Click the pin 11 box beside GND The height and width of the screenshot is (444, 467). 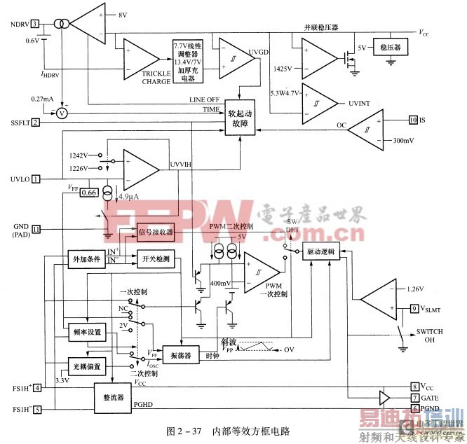coord(36,228)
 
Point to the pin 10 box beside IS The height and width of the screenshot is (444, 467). coord(413,120)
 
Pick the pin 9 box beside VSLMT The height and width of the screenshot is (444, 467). coord(414,307)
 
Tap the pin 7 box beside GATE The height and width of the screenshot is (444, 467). coord(414,397)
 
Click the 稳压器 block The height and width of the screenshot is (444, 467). coord(390,48)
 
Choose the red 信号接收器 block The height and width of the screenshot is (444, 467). coord(154,233)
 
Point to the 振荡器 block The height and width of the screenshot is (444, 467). coord(182,352)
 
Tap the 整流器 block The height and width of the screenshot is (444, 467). coord(113,397)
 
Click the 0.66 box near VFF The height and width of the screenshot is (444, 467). coord(89,192)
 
